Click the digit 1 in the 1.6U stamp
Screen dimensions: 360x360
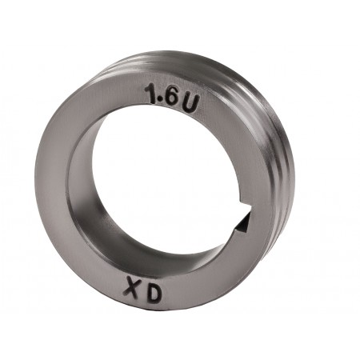point(152,93)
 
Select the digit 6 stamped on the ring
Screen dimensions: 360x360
point(171,96)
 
